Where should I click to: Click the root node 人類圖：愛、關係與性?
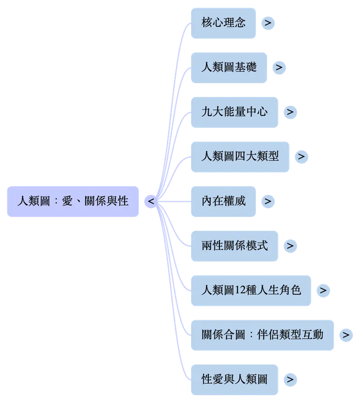pyautogui.click(x=72, y=201)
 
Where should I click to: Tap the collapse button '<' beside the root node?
pyautogui.click(x=151, y=201)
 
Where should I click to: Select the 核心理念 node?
pyautogui.click(x=223, y=22)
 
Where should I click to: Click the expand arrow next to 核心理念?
pyautogui.click(x=267, y=22)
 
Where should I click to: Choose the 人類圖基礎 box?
pyautogui.click(x=229, y=67)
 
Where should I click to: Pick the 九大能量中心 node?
pyautogui.click(x=235, y=112)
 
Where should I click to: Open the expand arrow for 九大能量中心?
pyautogui.click(x=290, y=112)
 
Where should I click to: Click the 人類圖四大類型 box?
pyautogui.click(x=241, y=157)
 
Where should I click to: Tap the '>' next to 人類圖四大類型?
pyautogui.click(x=302, y=157)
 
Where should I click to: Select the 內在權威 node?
pyautogui.click(x=223, y=201)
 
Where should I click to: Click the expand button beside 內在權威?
pyautogui.click(x=267, y=201)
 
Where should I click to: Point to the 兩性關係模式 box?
pyautogui.click(x=235, y=245)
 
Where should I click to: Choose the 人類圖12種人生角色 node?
pyautogui.click(x=251, y=290)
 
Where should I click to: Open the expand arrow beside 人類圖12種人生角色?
pyautogui.click(x=323, y=291)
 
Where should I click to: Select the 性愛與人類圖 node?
pyautogui.click(x=235, y=379)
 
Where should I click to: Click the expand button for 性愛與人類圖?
pyautogui.click(x=290, y=379)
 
